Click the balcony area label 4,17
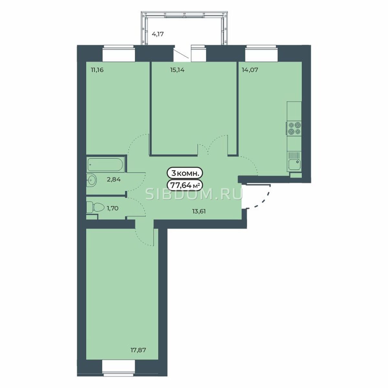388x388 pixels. click(x=157, y=34)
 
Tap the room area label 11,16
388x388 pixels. click(x=97, y=70)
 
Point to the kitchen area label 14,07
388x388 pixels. click(x=250, y=70)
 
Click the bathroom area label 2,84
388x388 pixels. click(x=114, y=179)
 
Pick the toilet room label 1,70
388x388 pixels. click(x=112, y=208)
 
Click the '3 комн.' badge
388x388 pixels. click(x=184, y=173)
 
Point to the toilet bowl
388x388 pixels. click(x=96, y=207)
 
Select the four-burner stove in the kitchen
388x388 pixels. click(x=294, y=128)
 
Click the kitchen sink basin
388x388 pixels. click(x=294, y=165)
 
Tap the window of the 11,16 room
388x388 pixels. click(x=119, y=53)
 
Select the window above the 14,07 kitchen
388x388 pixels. click(x=262, y=53)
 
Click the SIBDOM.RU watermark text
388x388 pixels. click(x=194, y=194)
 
